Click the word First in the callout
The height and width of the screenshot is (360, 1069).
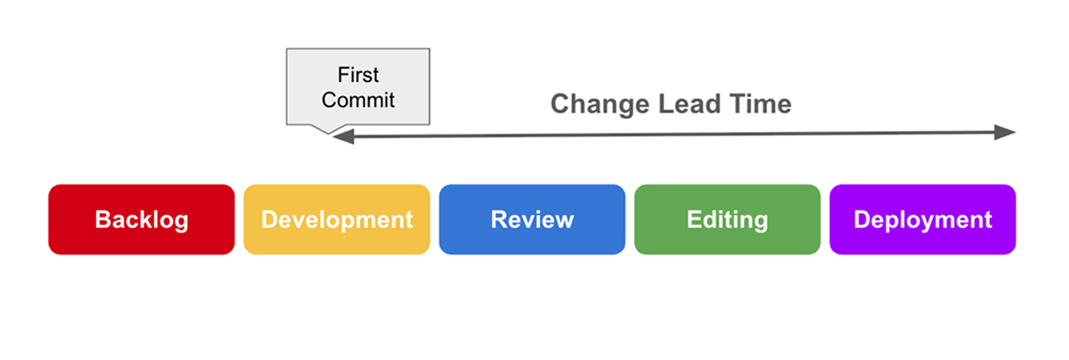[358, 76]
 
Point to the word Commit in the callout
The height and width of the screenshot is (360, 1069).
[358, 100]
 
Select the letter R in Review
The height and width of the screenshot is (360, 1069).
[498, 220]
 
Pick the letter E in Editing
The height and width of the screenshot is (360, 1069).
[694, 220]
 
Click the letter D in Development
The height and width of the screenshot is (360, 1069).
[269, 220]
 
